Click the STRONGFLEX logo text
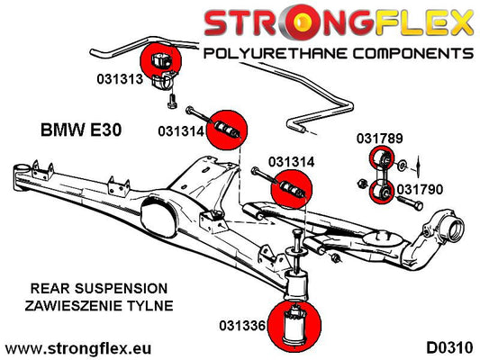(x=337, y=21)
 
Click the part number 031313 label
(x=120, y=78)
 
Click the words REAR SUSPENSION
(x=88, y=288)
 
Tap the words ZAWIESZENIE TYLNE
(x=88, y=306)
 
